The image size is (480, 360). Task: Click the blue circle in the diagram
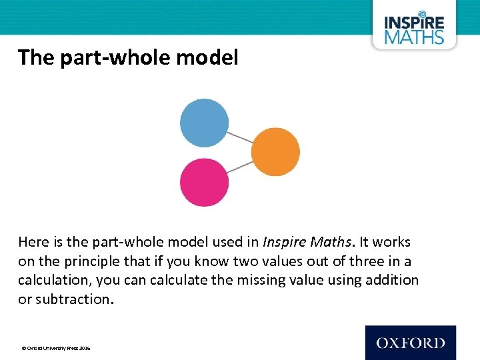click(204, 123)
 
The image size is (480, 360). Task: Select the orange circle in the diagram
click(275, 152)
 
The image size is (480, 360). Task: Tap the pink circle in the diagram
click(204, 182)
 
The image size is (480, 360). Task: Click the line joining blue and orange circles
click(239, 137)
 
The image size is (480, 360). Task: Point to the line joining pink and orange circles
click(239, 167)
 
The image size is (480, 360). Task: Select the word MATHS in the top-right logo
click(414, 37)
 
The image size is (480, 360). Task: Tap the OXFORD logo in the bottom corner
click(410, 343)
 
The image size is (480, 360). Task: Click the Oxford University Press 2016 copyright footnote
click(56, 348)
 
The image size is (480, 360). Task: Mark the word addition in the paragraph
click(393, 280)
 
